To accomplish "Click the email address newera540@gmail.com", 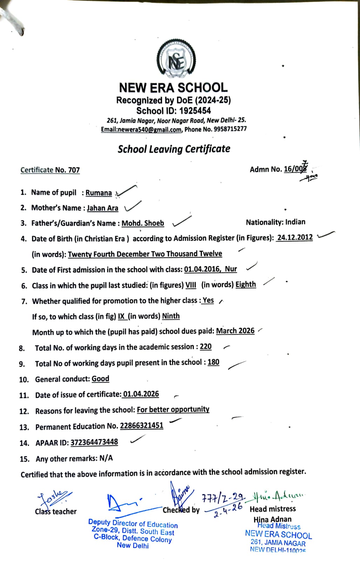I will (x=141, y=129).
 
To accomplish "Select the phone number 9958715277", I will (x=230, y=129).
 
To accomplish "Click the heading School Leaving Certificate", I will (x=174, y=149).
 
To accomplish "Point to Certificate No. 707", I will (x=50, y=170).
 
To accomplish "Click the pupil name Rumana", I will (x=99, y=193).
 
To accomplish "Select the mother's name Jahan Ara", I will (x=102, y=208).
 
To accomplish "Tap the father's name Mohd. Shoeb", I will (x=143, y=223).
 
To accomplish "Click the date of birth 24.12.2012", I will (x=295, y=237).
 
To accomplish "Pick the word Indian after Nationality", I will (x=295, y=222).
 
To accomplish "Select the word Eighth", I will (x=246, y=284).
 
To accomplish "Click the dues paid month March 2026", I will (x=235, y=331).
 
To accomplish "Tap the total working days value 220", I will (x=206, y=347).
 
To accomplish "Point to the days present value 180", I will (x=213, y=362).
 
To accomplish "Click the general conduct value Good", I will (x=100, y=379).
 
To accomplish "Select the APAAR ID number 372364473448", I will (x=94, y=442).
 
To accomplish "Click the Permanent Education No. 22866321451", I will (x=142, y=426).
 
